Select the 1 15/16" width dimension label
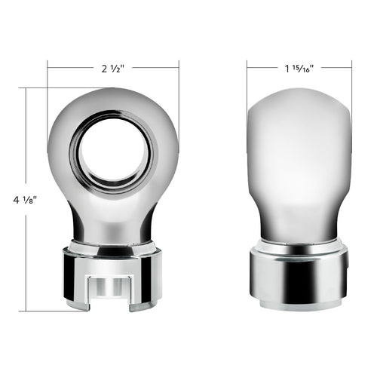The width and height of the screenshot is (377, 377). [299, 68]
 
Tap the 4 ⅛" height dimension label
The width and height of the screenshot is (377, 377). [25, 200]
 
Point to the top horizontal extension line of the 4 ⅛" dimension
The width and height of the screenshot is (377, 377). [38, 88]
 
